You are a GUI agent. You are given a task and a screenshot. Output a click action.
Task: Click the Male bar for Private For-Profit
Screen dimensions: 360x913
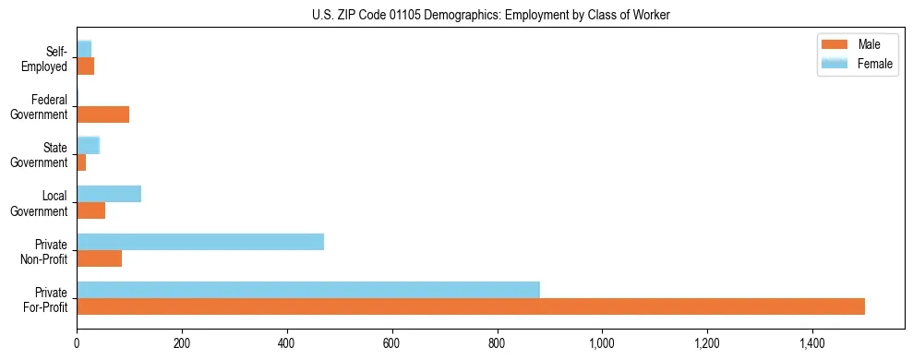click(x=471, y=306)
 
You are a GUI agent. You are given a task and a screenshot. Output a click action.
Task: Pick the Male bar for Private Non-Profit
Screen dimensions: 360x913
click(x=100, y=258)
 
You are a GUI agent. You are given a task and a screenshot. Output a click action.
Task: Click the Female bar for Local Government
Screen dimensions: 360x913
click(x=109, y=194)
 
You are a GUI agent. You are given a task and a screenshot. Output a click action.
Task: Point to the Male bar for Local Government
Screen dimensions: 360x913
click(x=91, y=210)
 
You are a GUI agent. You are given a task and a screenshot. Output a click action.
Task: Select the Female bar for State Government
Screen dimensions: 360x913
click(x=88, y=145)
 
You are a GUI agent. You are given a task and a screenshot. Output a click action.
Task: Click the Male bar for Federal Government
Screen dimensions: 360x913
click(x=103, y=114)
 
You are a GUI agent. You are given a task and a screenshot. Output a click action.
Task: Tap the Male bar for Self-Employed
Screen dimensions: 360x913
click(x=86, y=66)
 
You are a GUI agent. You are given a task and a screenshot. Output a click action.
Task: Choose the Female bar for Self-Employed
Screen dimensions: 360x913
click(x=84, y=49)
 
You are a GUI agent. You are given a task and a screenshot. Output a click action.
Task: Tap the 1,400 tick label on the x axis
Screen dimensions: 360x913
click(x=812, y=343)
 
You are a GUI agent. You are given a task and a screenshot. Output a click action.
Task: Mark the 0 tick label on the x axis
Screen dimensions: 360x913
click(x=77, y=343)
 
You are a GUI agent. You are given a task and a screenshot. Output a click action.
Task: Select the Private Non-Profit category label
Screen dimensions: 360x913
click(x=45, y=252)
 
